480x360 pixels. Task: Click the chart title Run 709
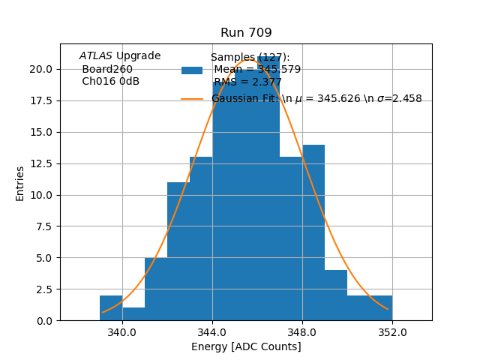coord(246,33)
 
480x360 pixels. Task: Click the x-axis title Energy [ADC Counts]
coord(246,346)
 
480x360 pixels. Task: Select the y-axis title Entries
coord(20,183)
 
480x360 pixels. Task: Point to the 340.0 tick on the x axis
coord(122,332)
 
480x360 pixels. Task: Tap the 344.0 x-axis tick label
coord(212,332)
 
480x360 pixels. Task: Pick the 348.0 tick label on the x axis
coord(302,332)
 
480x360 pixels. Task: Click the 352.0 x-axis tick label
coord(392,332)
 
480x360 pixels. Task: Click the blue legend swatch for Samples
coord(192,70)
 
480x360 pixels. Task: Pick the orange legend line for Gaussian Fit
coord(192,99)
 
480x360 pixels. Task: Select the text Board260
coord(107,69)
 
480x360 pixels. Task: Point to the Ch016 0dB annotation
coord(110,81)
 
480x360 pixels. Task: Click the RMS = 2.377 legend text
coord(247,82)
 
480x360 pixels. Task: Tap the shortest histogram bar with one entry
coord(133,314)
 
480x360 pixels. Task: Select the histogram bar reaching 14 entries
coord(313,232)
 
